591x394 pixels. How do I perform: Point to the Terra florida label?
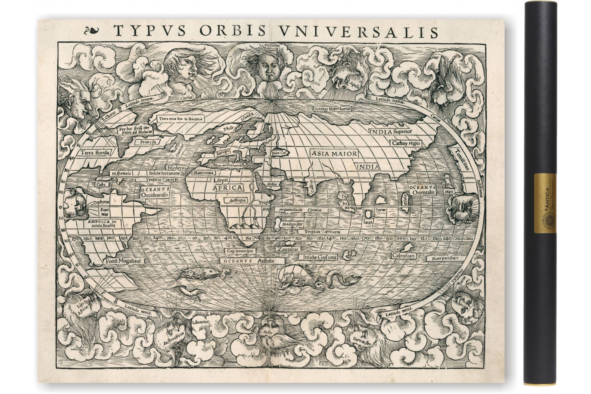pos(94,152)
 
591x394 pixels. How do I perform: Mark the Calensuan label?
pos(404,255)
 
